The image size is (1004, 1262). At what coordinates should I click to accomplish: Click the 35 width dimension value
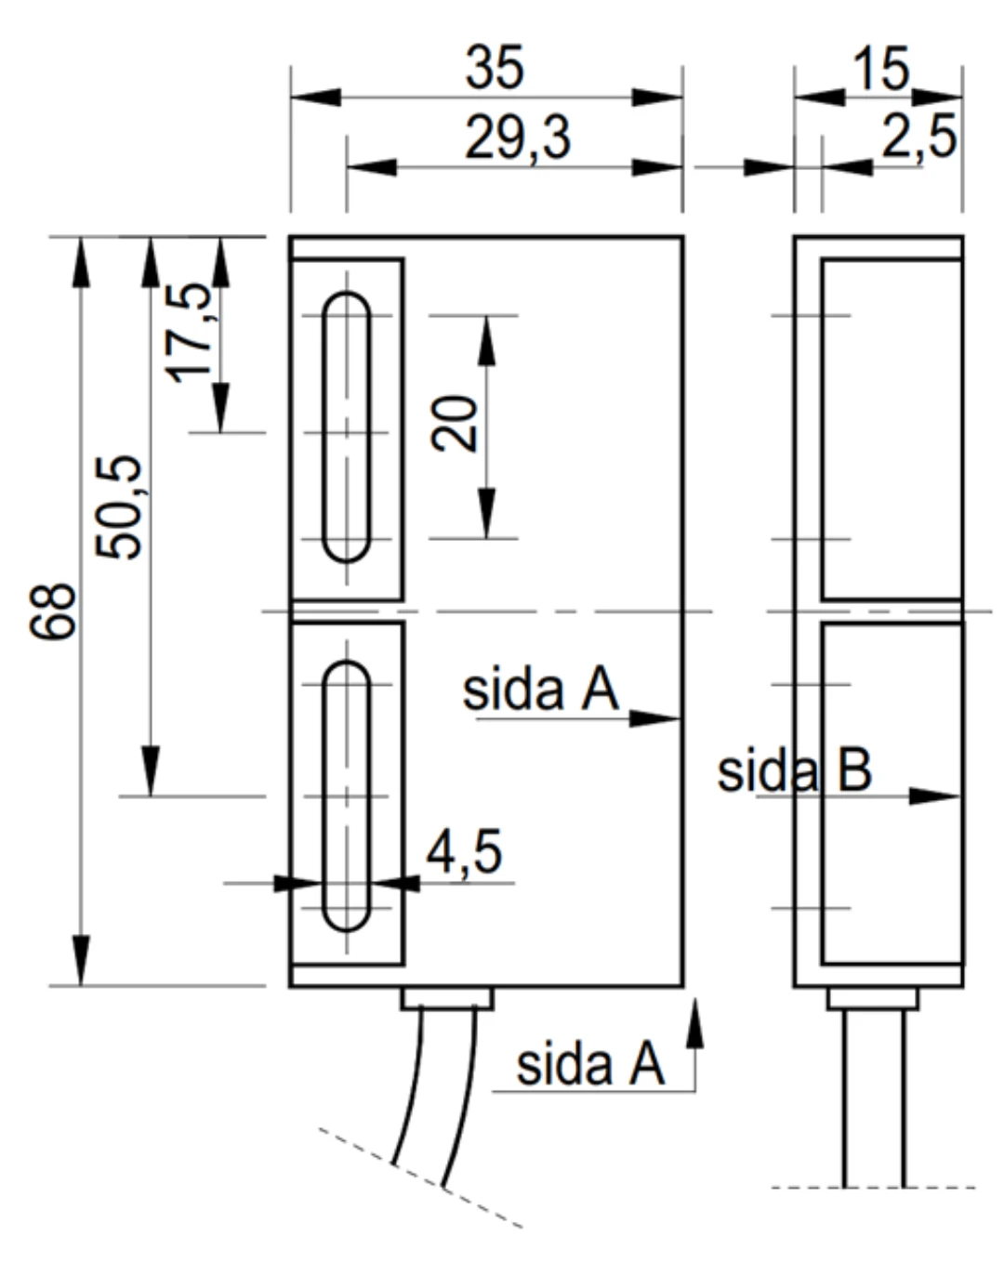point(494,68)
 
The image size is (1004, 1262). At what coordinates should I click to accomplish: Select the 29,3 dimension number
point(517,138)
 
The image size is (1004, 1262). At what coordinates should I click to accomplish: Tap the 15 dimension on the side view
point(880,69)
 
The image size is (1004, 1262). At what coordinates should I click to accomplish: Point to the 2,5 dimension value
point(918,138)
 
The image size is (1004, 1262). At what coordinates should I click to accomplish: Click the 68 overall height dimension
point(53,611)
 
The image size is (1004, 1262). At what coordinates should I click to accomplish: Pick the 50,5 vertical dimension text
point(119,507)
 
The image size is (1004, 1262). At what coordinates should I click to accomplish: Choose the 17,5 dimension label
point(189,333)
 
